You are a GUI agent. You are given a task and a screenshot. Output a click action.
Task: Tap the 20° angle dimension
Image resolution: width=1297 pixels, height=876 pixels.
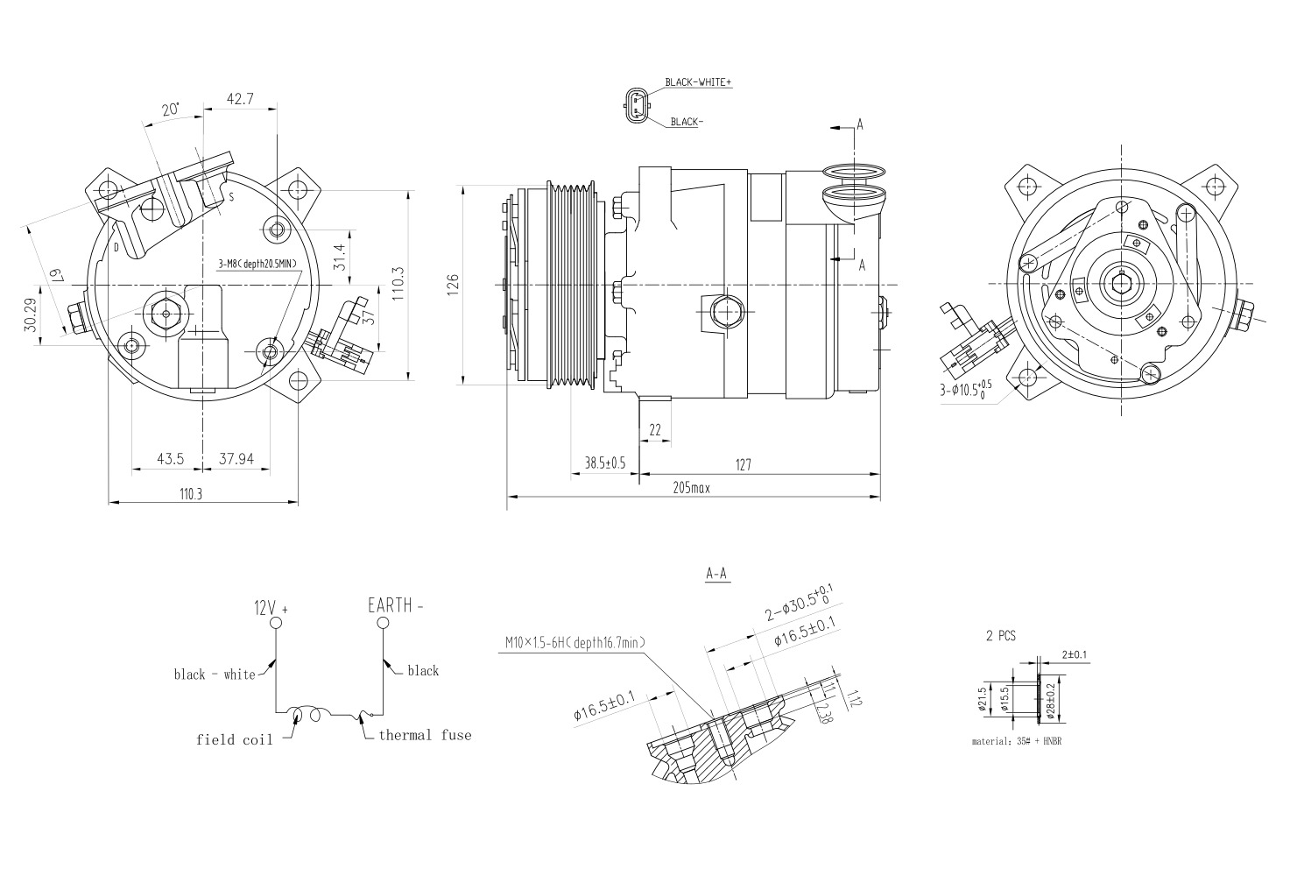[171, 109]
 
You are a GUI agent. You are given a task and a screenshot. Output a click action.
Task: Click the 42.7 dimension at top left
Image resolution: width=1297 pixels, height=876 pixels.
[240, 99]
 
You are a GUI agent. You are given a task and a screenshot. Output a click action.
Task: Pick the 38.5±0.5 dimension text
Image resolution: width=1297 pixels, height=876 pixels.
[604, 463]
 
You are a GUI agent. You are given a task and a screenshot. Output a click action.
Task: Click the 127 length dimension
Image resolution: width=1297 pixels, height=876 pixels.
[743, 465]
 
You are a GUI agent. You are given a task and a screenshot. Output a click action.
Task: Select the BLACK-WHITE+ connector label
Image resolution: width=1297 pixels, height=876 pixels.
[698, 82]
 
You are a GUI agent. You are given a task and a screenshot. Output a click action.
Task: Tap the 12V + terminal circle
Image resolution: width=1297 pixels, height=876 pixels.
[276, 623]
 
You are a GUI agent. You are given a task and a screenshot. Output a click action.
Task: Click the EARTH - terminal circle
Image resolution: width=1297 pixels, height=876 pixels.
[383, 623]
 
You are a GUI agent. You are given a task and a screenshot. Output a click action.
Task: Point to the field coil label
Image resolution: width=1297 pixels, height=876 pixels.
[234, 739]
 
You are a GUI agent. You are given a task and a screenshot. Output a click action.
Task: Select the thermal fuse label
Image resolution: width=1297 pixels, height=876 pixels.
[425, 735]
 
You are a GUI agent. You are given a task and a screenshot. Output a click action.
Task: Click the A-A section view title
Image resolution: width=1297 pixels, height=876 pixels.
[716, 575]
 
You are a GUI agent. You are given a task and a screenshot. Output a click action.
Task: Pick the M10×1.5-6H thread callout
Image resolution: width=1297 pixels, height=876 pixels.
[575, 643]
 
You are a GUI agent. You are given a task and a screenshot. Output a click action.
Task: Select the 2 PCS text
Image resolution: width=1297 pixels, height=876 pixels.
[1000, 637]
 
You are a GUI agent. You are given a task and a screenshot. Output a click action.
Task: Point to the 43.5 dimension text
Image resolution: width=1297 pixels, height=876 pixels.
[170, 459]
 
